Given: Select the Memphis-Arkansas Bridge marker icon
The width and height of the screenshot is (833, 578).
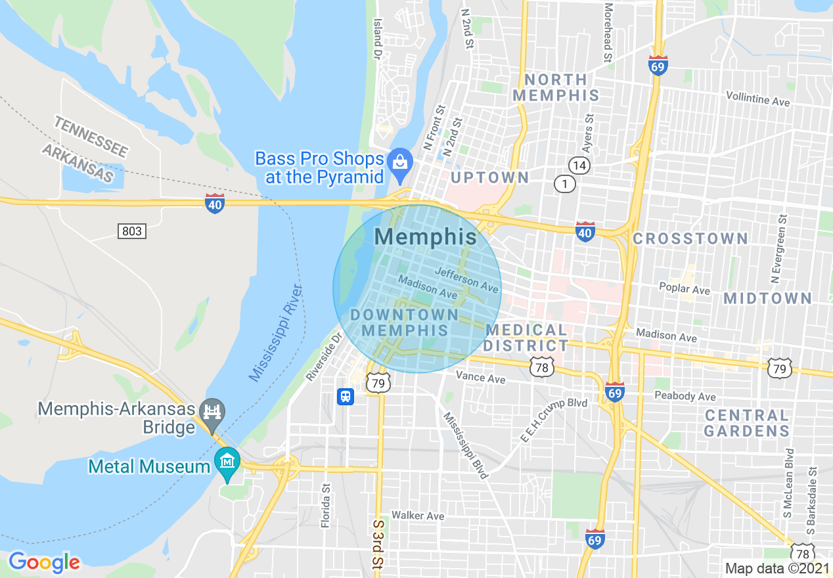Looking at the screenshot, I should click(x=212, y=412).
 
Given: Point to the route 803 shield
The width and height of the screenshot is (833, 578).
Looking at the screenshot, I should click(x=132, y=231).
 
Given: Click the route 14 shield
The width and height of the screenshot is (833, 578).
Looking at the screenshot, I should click(x=579, y=165).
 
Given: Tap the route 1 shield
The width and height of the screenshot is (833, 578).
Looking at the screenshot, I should click(x=564, y=185).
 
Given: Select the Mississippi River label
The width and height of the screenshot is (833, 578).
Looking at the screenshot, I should click(x=275, y=334).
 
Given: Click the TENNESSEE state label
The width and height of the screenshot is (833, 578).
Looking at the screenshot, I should click(x=91, y=136).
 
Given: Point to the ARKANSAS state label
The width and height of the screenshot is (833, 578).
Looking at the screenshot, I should click(x=78, y=162).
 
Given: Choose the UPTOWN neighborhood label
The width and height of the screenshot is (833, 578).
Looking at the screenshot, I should click(x=490, y=177).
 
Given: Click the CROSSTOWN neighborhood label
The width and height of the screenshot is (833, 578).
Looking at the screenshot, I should click(x=690, y=238).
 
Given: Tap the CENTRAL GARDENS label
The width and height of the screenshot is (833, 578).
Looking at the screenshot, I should click(x=746, y=423).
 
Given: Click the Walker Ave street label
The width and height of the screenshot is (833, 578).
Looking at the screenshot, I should click(x=418, y=516).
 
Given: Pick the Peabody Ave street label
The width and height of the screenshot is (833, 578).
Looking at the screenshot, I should click(x=685, y=396).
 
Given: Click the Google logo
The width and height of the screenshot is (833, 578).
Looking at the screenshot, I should click(x=44, y=562).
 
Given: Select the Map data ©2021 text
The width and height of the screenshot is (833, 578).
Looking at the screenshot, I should click(x=775, y=568).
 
